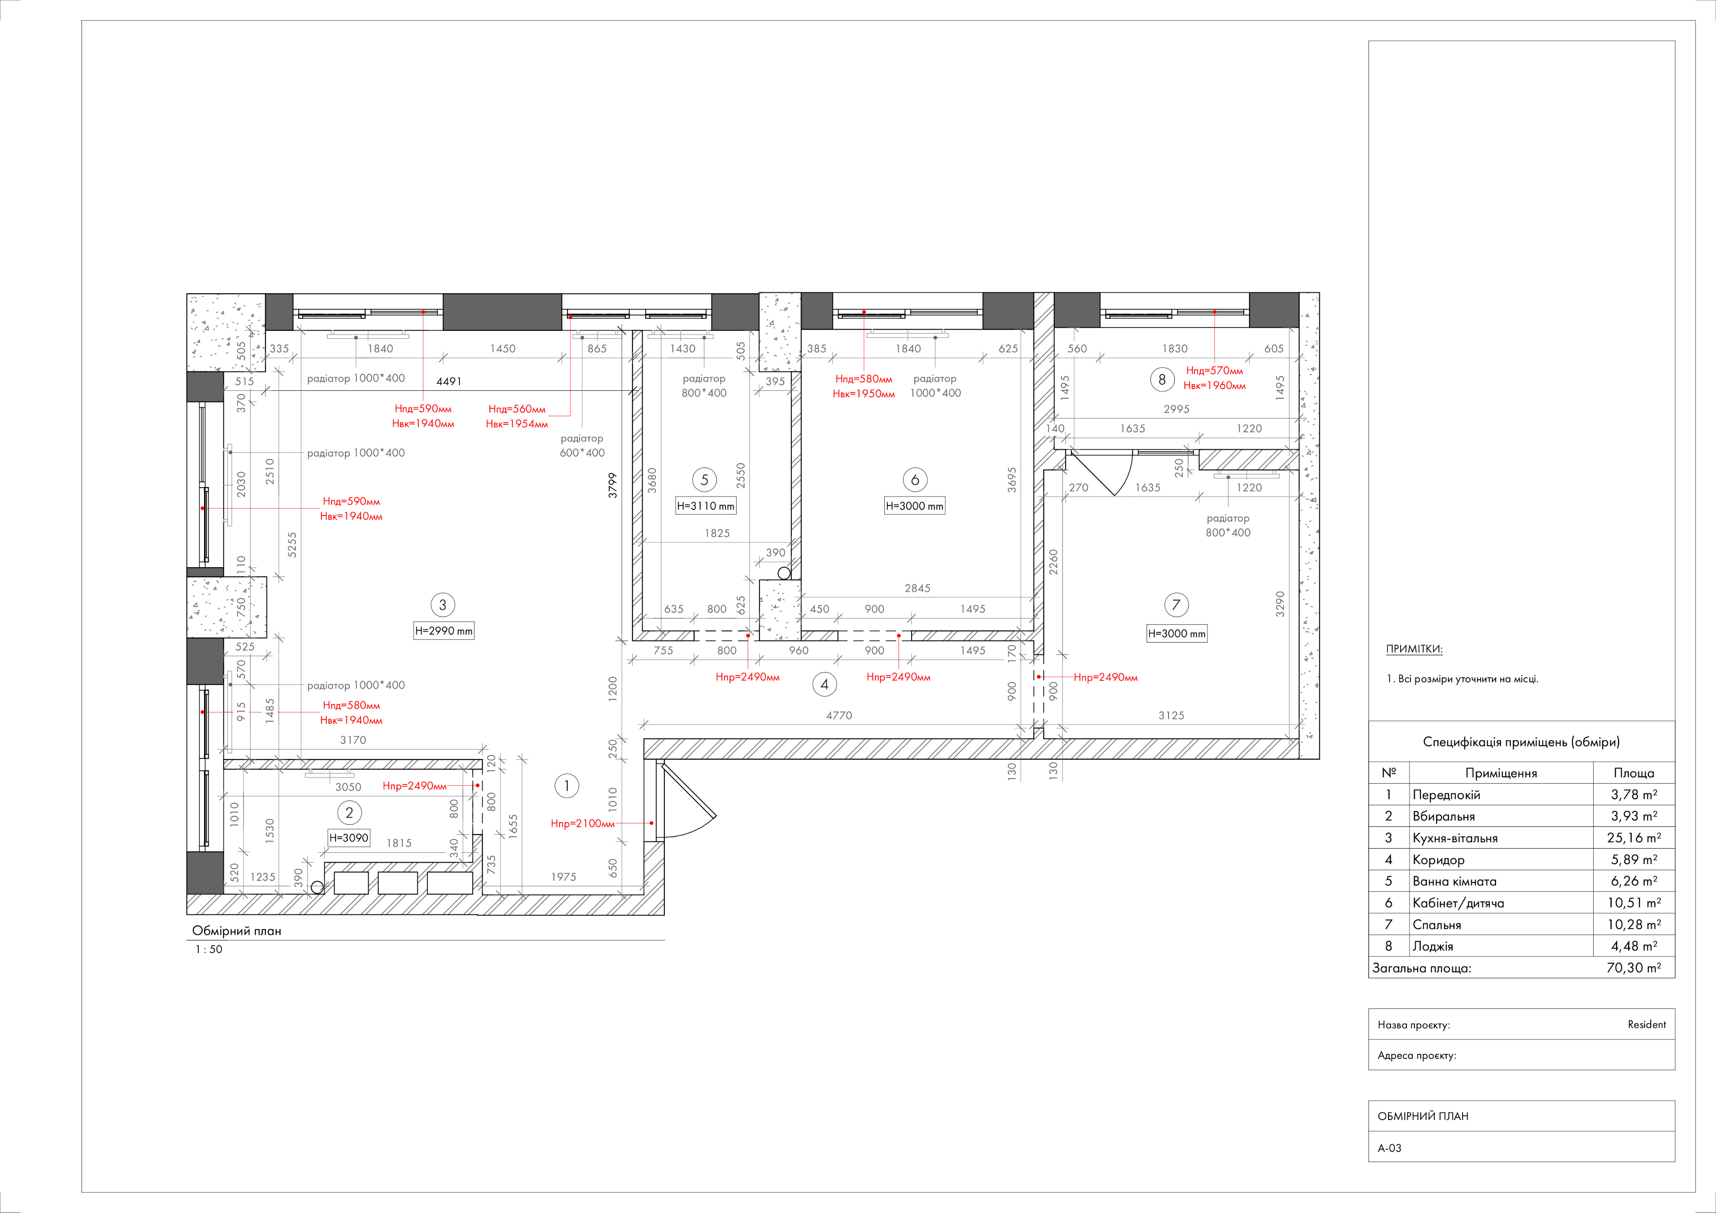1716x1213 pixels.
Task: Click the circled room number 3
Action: tap(442, 605)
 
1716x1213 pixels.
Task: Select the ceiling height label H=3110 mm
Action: tap(706, 506)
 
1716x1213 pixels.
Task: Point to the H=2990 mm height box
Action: tap(444, 631)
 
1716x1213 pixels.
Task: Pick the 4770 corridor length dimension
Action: tap(839, 715)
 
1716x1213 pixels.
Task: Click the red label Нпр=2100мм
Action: tap(582, 823)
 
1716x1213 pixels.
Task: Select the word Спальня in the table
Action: tap(1437, 924)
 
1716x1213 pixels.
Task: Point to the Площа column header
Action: tap(1634, 773)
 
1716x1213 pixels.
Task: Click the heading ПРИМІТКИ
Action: tap(1414, 649)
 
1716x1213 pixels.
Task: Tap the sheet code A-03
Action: tap(1389, 1148)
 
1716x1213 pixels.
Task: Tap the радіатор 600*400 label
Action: tap(582, 445)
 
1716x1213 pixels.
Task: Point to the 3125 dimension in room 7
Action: tap(1171, 715)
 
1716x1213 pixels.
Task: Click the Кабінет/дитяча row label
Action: tap(1458, 903)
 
